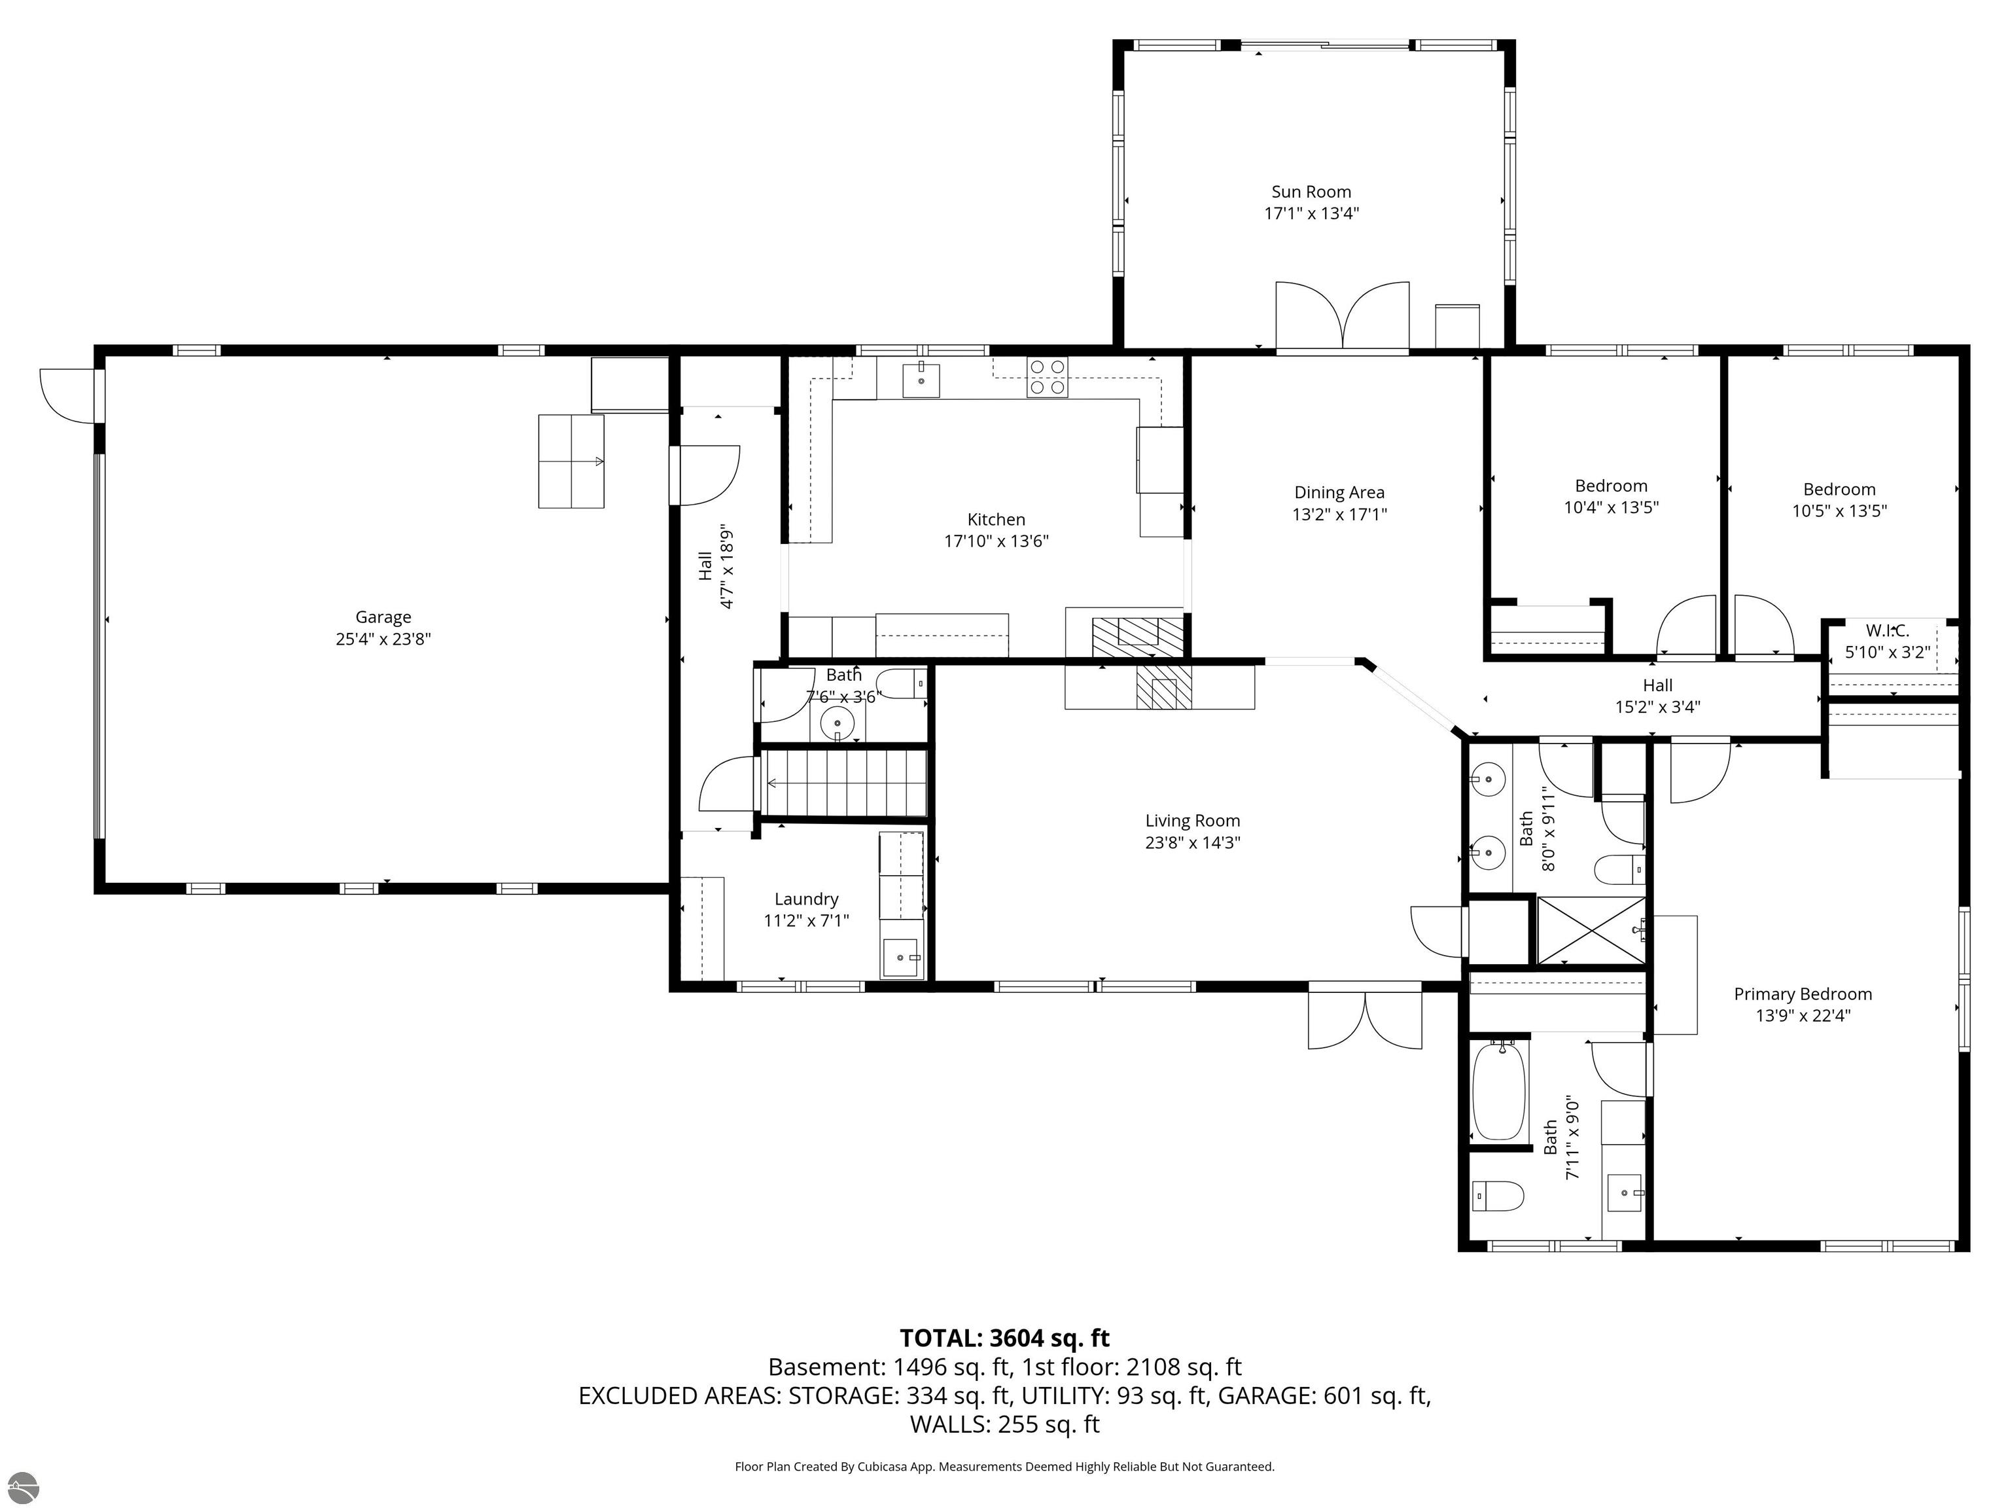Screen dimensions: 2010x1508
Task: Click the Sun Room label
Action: [x=1311, y=192]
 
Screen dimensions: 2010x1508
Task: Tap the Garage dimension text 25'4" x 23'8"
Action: [x=383, y=639]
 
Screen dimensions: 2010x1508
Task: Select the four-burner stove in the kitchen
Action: [x=1047, y=377]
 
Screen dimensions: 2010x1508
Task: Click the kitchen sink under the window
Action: [x=921, y=378]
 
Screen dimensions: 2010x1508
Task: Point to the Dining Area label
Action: [x=1339, y=493]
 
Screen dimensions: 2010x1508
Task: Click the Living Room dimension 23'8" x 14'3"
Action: [x=1192, y=842]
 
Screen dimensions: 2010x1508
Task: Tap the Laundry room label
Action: [x=806, y=900]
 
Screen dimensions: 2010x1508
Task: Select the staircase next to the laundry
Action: [x=843, y=783]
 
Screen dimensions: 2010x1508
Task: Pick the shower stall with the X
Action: [x=1590, y=930]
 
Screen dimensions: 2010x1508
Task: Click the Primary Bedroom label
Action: [x=1803, y=994]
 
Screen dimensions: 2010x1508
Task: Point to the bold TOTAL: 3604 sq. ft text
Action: [x=1004, y=1338]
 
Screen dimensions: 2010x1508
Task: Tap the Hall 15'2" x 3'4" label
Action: [x=1657, y=696]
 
